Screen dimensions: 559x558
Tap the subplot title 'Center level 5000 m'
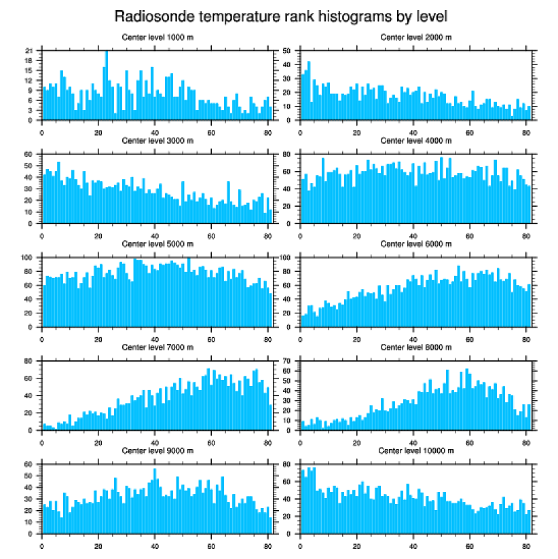coord(157,244)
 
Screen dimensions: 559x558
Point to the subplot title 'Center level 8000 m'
coord(416,347)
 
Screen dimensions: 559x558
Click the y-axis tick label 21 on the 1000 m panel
coord(29,51)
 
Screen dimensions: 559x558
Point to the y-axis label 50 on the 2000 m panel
coord(287,51)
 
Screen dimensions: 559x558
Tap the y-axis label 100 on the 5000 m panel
coord(27,258)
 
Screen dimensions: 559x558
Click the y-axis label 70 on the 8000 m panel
coord(287,362)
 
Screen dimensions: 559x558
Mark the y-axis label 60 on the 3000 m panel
coord(29,155)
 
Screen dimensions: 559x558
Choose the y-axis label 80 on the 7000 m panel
coord(29,362)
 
